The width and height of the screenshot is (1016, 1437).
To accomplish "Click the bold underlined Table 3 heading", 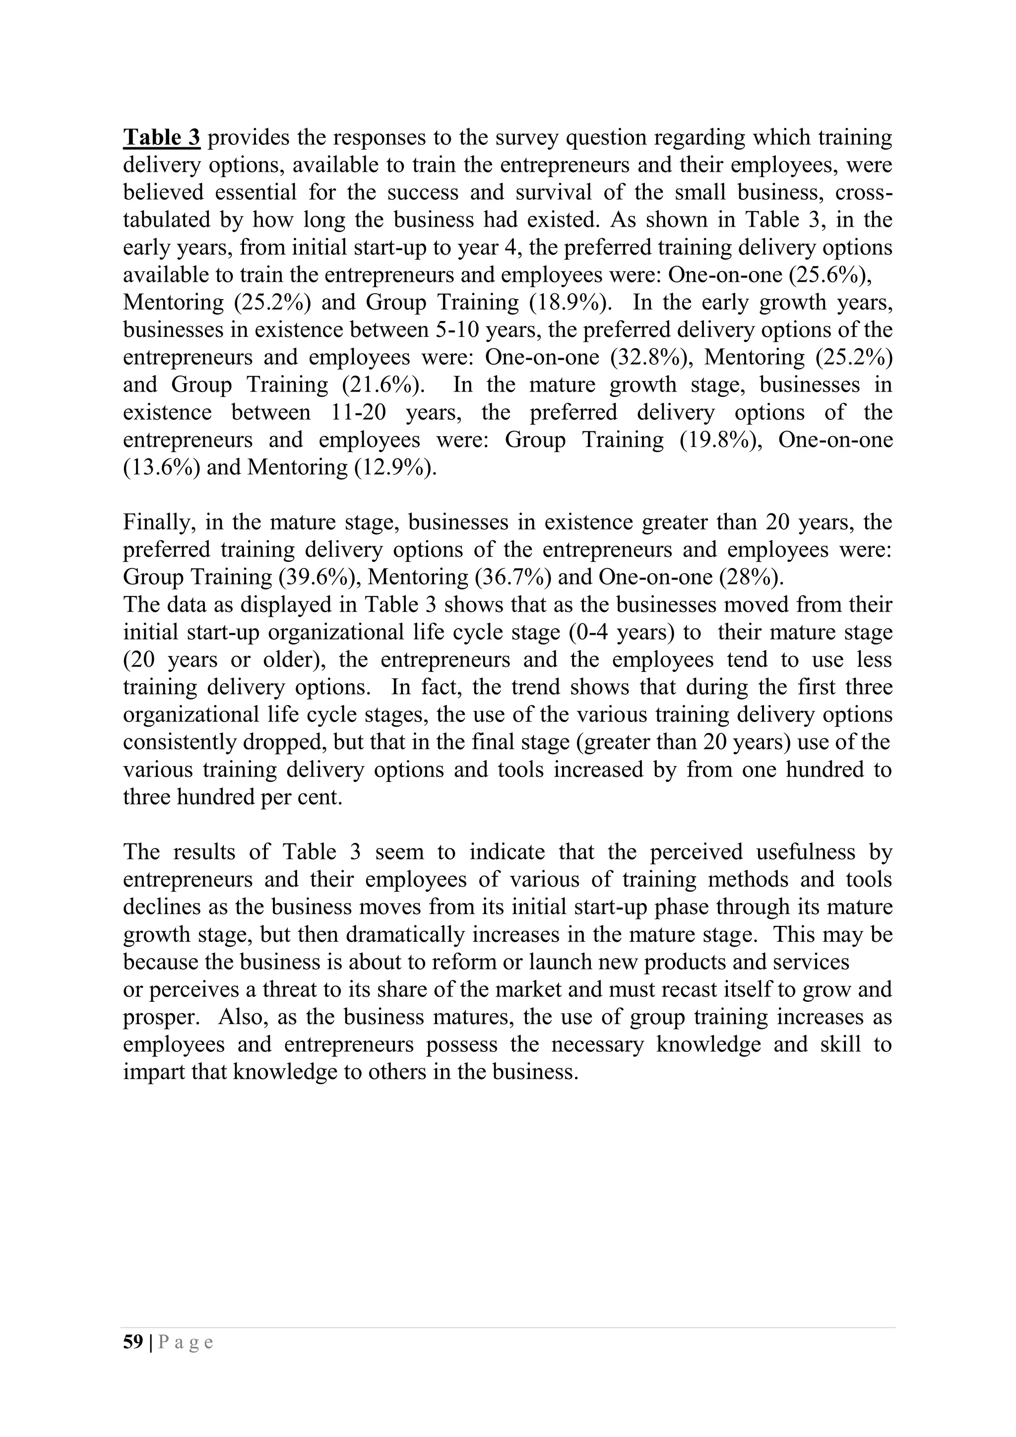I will click(x=161, y=137).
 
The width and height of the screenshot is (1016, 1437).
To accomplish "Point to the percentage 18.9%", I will click(x=571, y=302).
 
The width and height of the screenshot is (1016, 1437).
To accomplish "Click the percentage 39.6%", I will click(x=320, y=577).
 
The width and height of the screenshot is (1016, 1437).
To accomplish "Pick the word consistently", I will click(x=180, y=742).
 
